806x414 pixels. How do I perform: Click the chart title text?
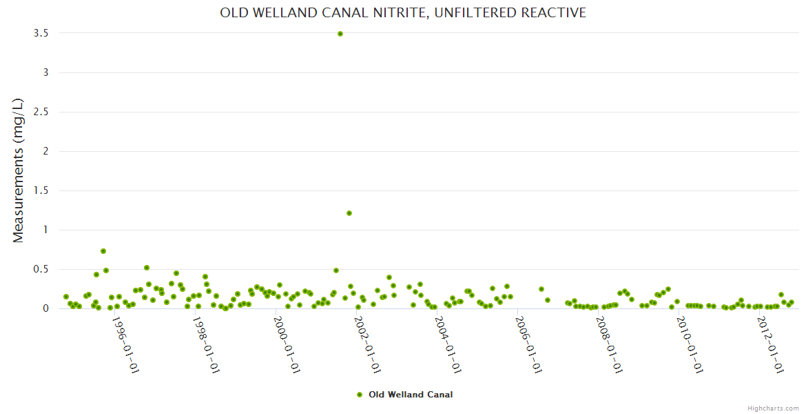click(403, 12)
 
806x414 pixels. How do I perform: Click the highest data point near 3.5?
click(340, 34)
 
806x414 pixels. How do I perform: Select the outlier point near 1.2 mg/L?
click(349, 213)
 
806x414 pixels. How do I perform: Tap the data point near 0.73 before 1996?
click(103, 251)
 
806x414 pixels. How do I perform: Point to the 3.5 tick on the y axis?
click(45, 33)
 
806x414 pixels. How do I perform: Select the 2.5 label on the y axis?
click(45, 112)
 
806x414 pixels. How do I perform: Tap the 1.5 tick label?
click(45, 190)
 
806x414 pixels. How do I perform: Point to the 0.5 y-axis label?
click(45, 269)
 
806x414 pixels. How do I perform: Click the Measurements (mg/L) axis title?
click(19, 170)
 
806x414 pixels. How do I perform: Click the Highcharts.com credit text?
click(773, 408)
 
